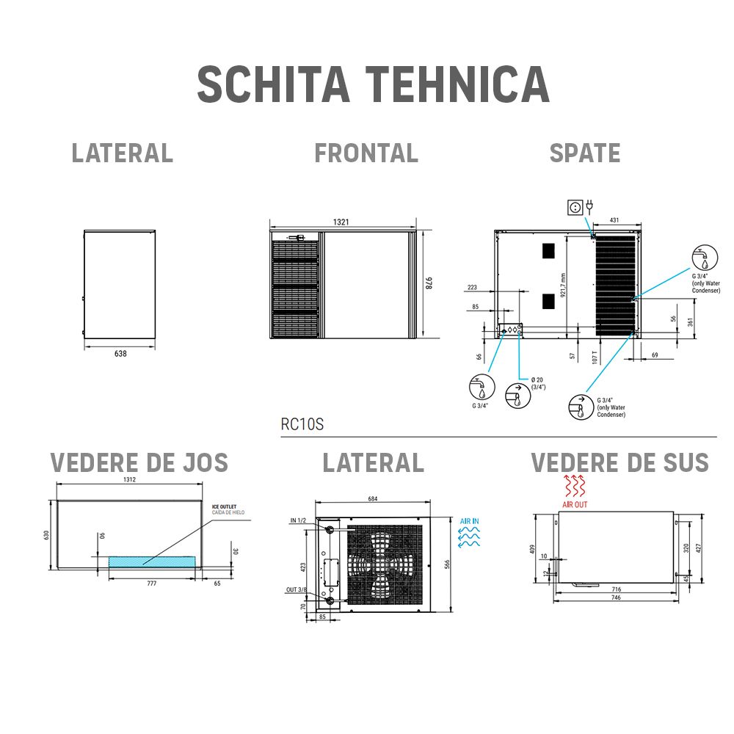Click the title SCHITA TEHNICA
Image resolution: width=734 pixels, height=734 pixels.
coord(373,84)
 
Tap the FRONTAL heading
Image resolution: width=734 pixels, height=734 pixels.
coord(366,153)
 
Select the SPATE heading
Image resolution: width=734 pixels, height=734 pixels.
coord(584,153)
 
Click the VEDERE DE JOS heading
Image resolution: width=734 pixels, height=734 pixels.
coord(139,463)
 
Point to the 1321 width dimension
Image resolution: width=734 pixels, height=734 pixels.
coord(341,221)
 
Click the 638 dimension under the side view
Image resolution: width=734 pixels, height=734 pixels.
coord(120,354)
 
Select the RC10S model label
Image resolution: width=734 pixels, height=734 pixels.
coord(302,424)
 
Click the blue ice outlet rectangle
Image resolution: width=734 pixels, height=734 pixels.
coord(152,561)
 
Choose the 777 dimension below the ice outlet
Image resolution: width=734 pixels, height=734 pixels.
coord(152,583)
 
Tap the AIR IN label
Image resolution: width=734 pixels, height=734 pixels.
coord(469,521)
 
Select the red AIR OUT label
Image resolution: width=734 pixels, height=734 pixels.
coord(575,505)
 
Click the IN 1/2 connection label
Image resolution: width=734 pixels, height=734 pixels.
coord(298,520)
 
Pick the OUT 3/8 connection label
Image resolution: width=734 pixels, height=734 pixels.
coord(297,589)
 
